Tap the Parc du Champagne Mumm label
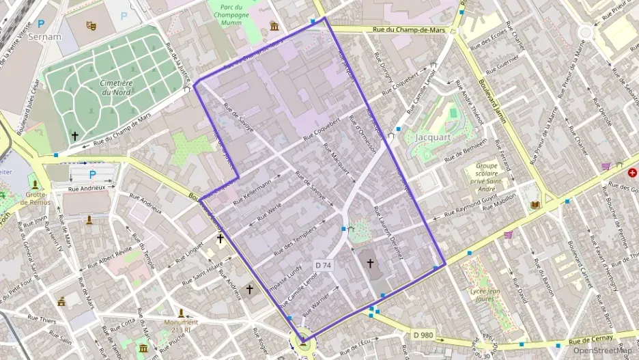click(x=231, y=13)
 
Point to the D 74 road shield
click(x=324, y=264)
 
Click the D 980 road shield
click(x=423, y=335)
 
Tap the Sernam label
click(x=45, y=37)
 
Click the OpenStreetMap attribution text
click(x=601, y=350)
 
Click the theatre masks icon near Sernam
click(x=91, y=26)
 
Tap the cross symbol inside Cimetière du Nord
click(x=75, y=136)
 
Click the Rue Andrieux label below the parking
click(x=87, y=187)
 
